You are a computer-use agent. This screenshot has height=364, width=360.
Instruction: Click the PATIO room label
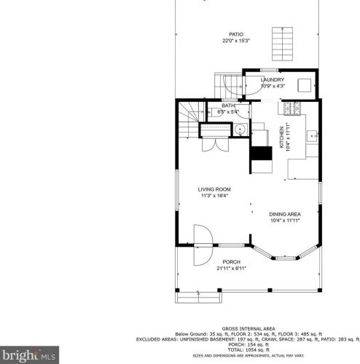[235, 34]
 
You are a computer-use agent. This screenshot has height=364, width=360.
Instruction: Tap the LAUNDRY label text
[273, 80]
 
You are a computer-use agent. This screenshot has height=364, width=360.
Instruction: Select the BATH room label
[228, 106]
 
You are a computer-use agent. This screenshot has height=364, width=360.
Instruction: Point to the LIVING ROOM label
[214, 189]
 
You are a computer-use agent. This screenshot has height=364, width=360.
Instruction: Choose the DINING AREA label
[285, 213]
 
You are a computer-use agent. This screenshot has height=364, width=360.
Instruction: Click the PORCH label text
[231, 261]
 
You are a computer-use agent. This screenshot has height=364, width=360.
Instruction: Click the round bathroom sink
[239, 130]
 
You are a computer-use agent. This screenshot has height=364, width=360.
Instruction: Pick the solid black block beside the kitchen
[260, 154]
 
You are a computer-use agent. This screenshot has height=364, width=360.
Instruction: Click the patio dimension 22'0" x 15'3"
[235, 41]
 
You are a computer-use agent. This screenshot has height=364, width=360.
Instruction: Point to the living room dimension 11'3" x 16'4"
[214, 195]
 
